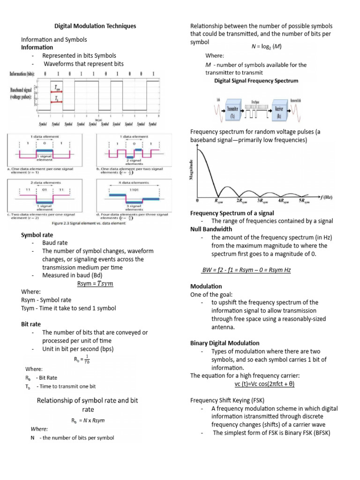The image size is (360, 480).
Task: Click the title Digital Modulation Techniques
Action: click(95, 26)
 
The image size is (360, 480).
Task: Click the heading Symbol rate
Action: click(37, 234)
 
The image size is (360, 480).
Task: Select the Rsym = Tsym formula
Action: click(96, 284)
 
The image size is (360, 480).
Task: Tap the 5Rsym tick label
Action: click(304, 201)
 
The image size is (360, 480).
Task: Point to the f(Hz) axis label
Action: click(325, 197)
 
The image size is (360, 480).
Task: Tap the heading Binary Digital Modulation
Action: click(225, 343)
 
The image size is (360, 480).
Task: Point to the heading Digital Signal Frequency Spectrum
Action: click(256, 81)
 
